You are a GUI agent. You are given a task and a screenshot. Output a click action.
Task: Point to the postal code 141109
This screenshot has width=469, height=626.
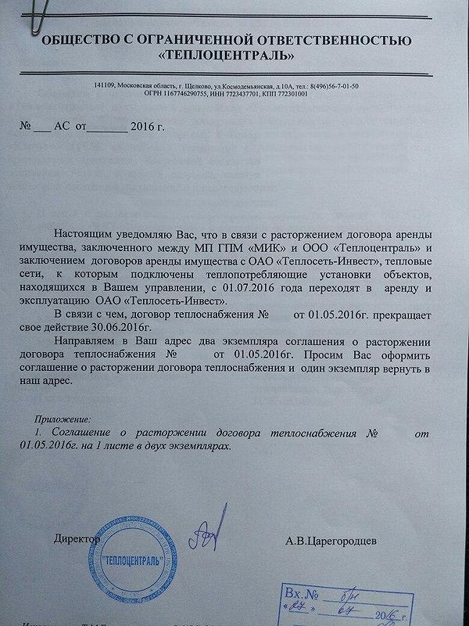(105, 85)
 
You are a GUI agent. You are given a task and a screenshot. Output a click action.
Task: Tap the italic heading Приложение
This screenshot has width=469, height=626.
(64, 419)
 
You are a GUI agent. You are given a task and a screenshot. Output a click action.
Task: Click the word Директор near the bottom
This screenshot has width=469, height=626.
(77, 539)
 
